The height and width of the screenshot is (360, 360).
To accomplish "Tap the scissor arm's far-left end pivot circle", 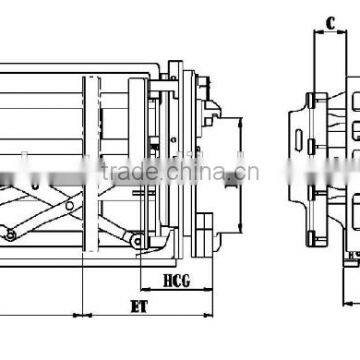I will pos(11,235).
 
